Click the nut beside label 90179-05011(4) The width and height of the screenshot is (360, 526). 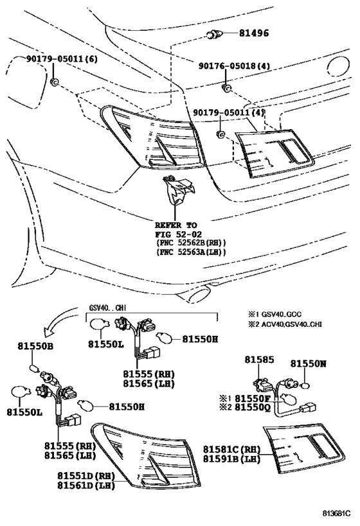221,134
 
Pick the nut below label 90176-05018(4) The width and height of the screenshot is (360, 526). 225,86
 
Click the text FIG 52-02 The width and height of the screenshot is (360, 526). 174,234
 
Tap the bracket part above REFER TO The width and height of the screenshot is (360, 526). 177,189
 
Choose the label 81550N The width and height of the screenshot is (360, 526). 308,364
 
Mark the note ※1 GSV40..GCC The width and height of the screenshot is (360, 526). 274,315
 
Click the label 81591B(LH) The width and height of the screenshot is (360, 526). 232,459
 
